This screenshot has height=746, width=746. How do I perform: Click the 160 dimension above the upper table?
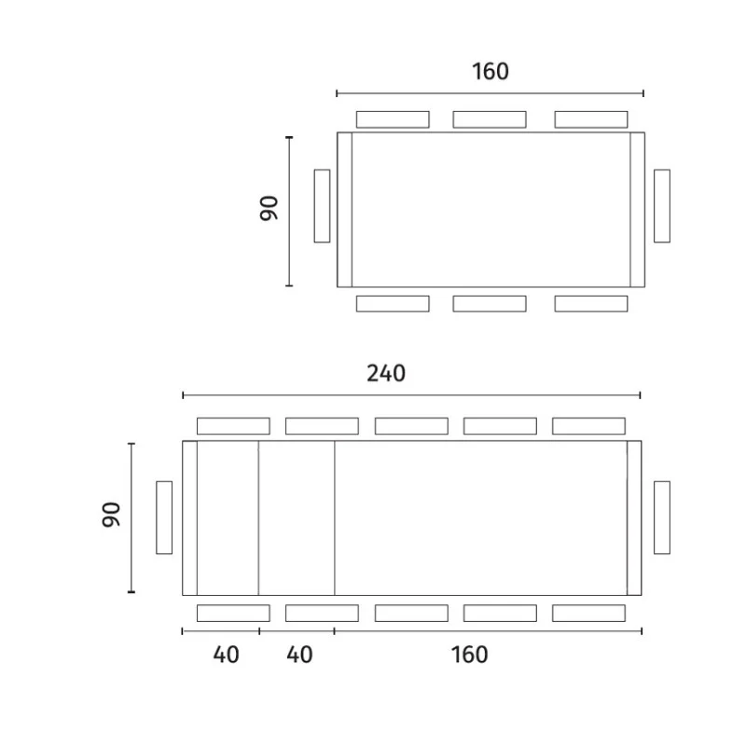[490, 72]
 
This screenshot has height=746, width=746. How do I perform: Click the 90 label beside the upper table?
[269, 208]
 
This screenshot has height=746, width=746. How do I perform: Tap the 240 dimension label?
[386, 374]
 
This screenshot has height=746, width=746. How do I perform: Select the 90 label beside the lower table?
[111, 515]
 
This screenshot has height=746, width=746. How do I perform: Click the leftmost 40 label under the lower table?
[226, 655]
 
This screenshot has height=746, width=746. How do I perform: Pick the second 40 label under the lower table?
[299, 655]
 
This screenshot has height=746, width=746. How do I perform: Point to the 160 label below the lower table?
[470, 655]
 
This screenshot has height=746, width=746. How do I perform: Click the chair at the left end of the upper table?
[322, 206]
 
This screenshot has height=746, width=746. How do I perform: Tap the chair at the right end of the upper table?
[662, 206]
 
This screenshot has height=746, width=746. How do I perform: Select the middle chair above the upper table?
[490, 119]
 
